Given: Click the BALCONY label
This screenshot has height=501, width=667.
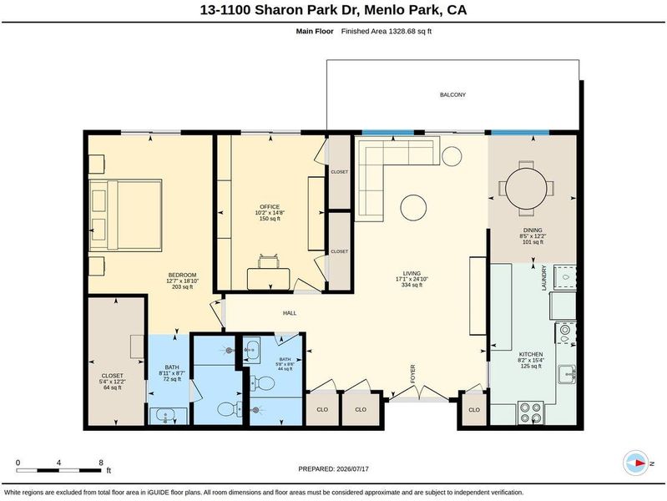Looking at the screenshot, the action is click(452, 94).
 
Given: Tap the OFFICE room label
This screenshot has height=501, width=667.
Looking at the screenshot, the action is click(270, 207).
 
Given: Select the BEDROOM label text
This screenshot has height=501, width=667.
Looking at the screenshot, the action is click(183, 275).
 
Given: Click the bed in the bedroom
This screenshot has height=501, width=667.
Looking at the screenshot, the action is click(125, 215).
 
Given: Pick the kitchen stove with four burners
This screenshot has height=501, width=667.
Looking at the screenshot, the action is click(531, 412).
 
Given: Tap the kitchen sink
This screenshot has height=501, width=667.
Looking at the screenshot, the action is click(568, 375).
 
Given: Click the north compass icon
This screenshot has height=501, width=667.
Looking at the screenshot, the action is click(636, 463).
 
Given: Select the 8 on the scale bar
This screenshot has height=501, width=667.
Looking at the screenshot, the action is click(101, 463).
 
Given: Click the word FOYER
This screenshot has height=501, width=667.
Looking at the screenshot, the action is click(412, 374).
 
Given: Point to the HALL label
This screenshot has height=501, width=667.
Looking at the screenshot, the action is click(290, 313).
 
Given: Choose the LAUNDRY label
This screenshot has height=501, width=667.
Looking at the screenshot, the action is click(543, 278).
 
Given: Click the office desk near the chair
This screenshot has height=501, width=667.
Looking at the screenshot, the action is click(269, 279).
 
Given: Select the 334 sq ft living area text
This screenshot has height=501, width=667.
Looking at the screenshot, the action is click(412, 286).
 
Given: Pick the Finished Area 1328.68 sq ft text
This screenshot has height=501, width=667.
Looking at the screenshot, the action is click(387, 31).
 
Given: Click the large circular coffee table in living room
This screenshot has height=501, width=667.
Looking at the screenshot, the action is click(413, 207).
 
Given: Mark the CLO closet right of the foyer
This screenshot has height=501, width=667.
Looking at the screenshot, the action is click(474, 409).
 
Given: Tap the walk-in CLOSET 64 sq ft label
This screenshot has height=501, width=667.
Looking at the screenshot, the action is click(113, 382).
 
